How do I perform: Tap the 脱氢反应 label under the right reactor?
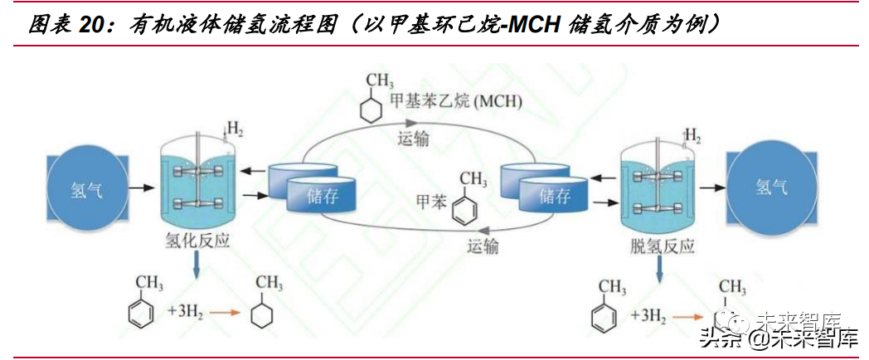click(x=662, y=246)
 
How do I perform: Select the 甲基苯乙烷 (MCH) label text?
click(x=455, y=101)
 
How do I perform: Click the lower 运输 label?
click(x=483, y=246)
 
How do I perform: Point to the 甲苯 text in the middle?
click(x=432, y=201)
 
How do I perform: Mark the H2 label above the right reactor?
click(x=694, y=134)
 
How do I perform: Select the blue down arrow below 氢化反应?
click(x=197, y=265)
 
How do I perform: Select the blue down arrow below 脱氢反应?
click(x=660, y=268)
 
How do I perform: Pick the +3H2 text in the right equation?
click(x=648, y=316)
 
